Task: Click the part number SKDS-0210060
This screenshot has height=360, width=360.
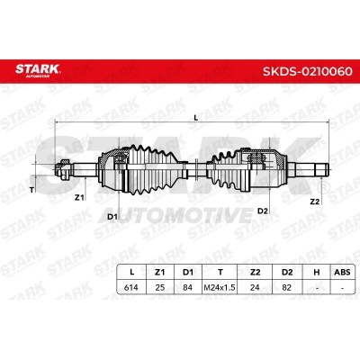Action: tap(308, 72)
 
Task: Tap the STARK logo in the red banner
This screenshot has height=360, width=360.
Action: tap(38, 70)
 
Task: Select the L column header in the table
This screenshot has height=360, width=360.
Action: tap(131, 272)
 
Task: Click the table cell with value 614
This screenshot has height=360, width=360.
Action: tap(131, 287)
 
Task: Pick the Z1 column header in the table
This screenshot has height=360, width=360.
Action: tap(159, 272)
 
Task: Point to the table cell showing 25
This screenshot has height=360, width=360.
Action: tap(160, 287)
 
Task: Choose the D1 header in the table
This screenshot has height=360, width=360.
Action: tap(188, 272)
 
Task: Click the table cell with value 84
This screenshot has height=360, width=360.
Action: tap(188, 287)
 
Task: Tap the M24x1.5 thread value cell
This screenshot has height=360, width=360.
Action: tap(220, 288)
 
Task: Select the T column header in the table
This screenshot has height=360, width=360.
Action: tap(220, 272)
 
